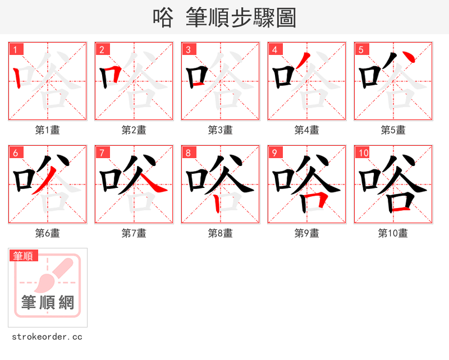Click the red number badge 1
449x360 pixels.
(x=17, y=49)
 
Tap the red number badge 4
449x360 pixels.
(x=275, y=49)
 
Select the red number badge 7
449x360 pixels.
(x=102, y=153)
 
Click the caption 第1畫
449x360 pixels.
(x=48, y=130)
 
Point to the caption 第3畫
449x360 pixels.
(x=220, y=130)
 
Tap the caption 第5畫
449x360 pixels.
(x=393, y=130)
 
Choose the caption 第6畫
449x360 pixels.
(x=48, y=233)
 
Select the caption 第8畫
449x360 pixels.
(x=220, y=233)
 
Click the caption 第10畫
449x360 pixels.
(x=393, y=233)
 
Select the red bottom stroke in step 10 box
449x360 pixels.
(x=400, y=209)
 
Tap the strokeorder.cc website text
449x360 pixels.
(x=47, y=337)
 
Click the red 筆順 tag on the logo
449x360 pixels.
(x=24, y=256)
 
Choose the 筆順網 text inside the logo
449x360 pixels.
(x=48, y=303)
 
